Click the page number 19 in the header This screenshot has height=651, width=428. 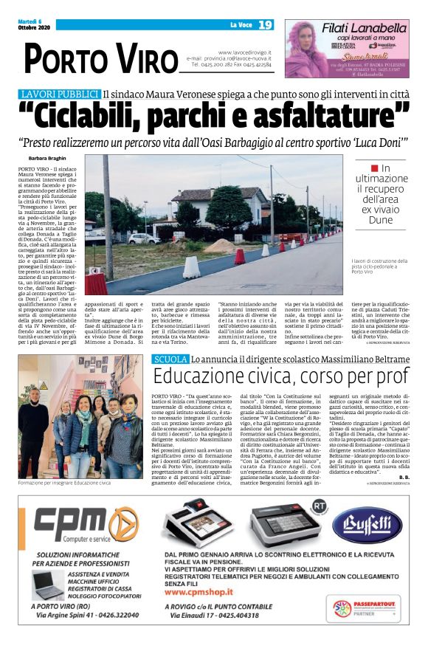(265, 25)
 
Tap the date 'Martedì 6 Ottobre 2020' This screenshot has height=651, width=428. (33, 25)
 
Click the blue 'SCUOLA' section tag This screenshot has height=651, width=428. (169, 359)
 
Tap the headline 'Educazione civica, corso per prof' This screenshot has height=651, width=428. (280, 376)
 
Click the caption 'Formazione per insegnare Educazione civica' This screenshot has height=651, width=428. (63, 482)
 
